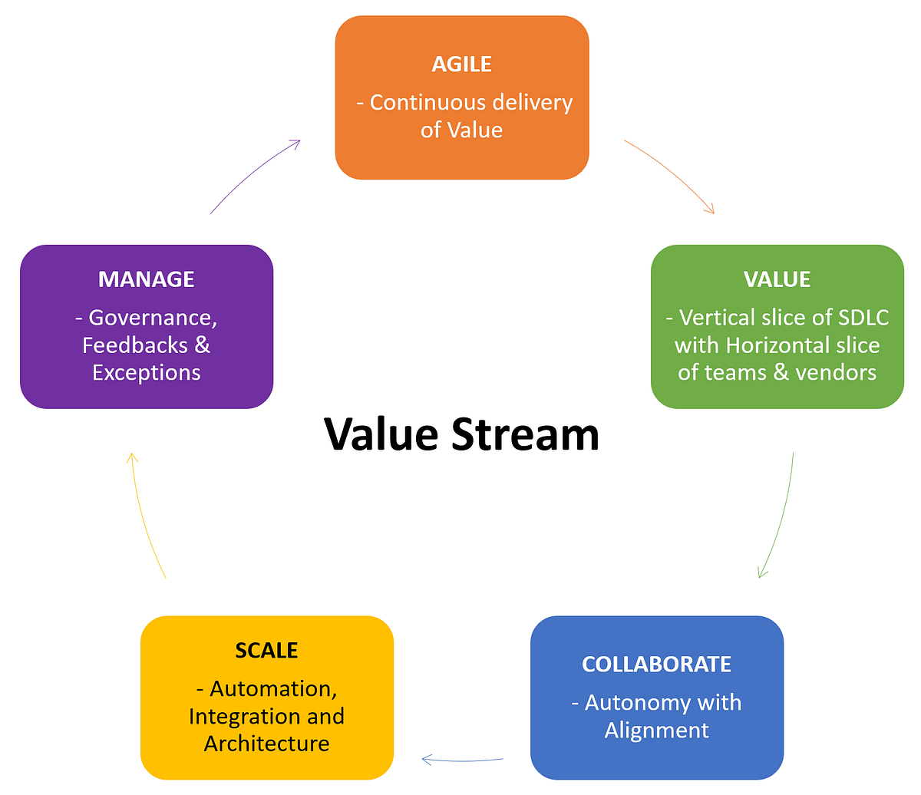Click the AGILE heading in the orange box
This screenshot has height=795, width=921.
(461, 64)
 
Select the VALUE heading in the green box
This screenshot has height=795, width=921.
(777, 279)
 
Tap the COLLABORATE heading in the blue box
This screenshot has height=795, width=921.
(656, 664)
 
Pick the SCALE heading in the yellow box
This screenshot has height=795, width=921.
(266, 651)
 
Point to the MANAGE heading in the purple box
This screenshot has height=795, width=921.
(146, 279)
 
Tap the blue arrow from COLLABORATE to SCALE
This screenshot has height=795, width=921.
(463, 760)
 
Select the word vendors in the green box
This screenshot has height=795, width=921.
(836, 373)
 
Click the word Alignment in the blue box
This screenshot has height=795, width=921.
(656, 731)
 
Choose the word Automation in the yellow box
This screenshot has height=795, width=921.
(272, 689)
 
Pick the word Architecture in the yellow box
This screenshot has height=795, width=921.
(266, 744)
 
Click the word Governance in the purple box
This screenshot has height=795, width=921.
(152, 318)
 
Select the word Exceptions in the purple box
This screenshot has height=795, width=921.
(146, 373)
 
